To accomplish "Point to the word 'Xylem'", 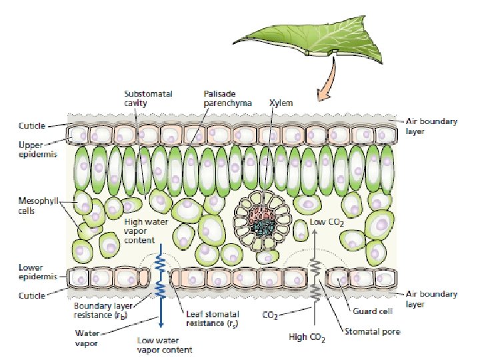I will coord(281,103).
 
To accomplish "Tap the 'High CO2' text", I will coord(307,338).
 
